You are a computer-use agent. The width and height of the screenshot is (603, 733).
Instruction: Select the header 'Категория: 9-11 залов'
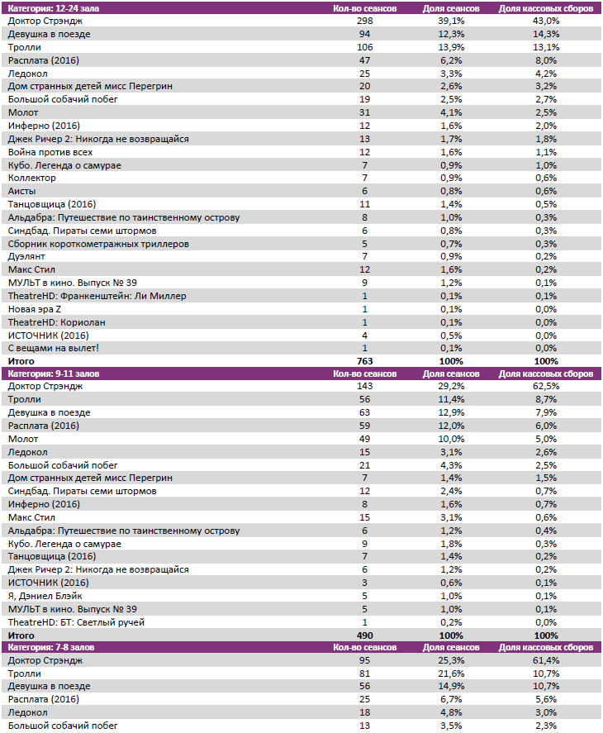click(55, 374)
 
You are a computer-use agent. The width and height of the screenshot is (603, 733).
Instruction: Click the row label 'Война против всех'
click(50, 152)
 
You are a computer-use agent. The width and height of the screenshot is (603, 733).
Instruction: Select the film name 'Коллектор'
click(32, 178)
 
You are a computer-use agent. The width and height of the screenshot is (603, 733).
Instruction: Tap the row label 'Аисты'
click(22, 191)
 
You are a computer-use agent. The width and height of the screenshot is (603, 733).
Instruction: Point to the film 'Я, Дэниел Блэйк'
click(45, 595)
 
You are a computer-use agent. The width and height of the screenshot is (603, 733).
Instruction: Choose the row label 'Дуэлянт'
click(27, 256)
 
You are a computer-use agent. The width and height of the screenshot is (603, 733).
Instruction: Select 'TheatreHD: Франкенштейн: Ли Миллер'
click(97, 295)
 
